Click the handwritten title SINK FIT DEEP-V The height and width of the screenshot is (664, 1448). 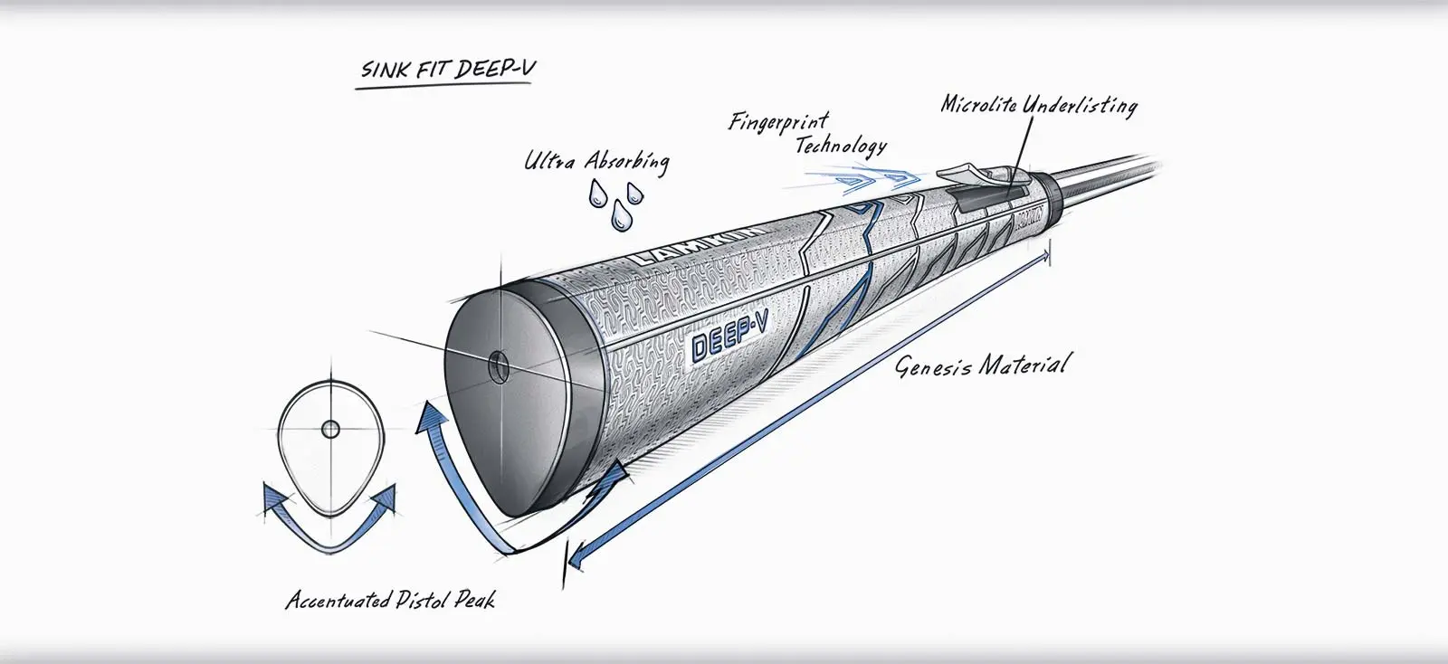pos(445,70)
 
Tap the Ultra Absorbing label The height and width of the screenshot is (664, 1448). pos(596,161)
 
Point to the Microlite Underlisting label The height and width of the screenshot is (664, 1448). pos(1038,104)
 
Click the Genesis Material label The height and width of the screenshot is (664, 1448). pos(982,365)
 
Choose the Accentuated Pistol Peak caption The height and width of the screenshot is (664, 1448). pos(390,600)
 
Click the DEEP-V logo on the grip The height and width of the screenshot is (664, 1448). pos(729,344)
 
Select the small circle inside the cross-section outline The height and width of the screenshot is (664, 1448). pos(330,427)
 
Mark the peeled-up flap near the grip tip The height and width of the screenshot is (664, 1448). pos(968,170)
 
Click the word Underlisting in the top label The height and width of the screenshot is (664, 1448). pos(1081,105)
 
